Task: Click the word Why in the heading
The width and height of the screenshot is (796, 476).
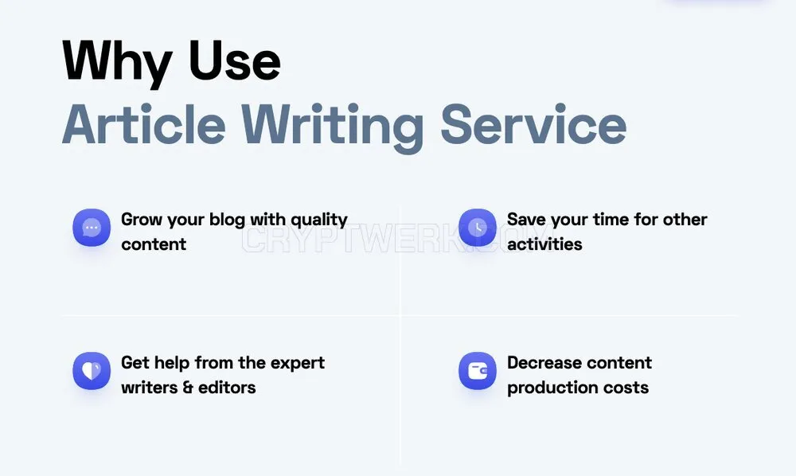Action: [x=117, y=62]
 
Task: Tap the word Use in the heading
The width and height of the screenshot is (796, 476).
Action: [x=234, y=60]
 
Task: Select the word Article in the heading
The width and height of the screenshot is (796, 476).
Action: [x=143, y=124]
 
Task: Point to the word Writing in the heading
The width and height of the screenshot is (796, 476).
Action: [x=332, y=127]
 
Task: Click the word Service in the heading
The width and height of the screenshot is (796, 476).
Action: [x=533, y=124]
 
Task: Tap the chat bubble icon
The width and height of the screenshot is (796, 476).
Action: [x=92, y=228]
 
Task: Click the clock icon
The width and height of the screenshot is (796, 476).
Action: [x=477, y=228]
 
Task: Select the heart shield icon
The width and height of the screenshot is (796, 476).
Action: [x=92, y=371]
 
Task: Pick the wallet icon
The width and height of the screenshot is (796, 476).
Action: [x=477, y=371]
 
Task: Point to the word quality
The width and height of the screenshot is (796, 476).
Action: [x=319, y=220]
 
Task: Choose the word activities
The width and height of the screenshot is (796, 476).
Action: [x=544, y=244]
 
